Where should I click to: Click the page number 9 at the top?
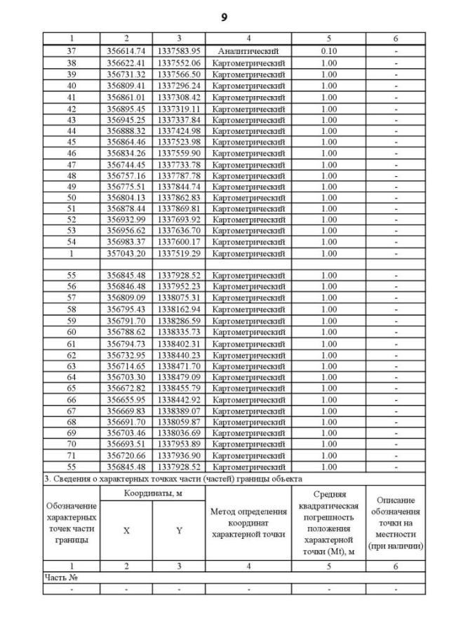pos(224,18)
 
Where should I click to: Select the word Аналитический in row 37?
pos(248,52)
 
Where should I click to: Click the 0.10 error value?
pos(328,52)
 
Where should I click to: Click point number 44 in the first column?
pos(71,131)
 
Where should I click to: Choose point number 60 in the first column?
pos(71,332)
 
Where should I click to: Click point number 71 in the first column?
pos(71,455)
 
